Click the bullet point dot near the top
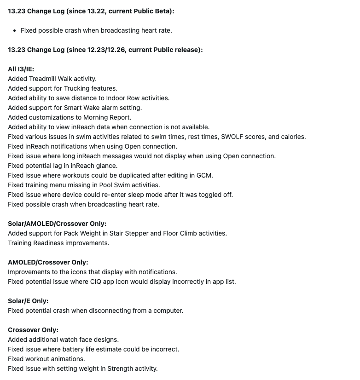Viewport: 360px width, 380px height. pos(15,30)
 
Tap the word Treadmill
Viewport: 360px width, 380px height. pos(42,79)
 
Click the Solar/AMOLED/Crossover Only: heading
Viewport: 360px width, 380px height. pos(57,224)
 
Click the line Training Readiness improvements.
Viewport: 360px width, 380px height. pos(58,243)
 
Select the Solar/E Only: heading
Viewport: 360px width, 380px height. pos(28,301)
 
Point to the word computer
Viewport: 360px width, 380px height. pos(168,311)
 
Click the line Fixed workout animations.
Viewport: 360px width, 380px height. pos(46,359)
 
